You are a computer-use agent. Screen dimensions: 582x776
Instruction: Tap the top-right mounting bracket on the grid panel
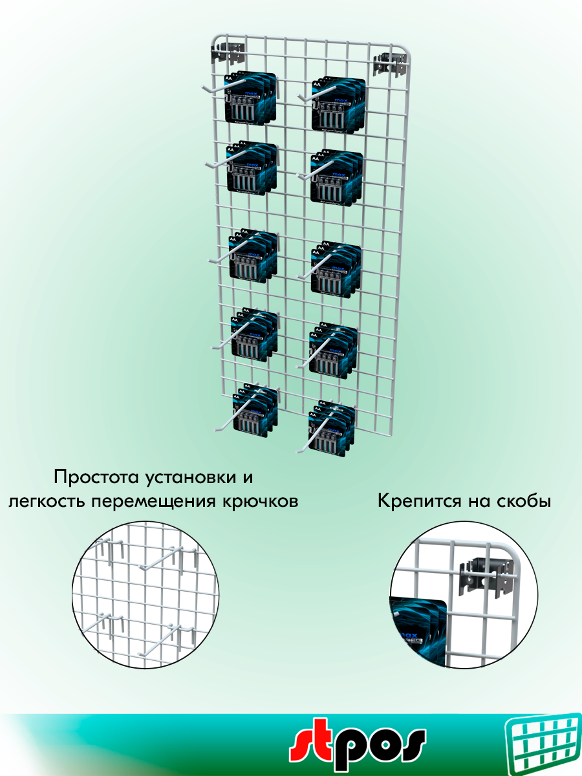(390, 65)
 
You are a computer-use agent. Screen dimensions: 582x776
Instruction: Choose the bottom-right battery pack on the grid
(332, 430)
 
